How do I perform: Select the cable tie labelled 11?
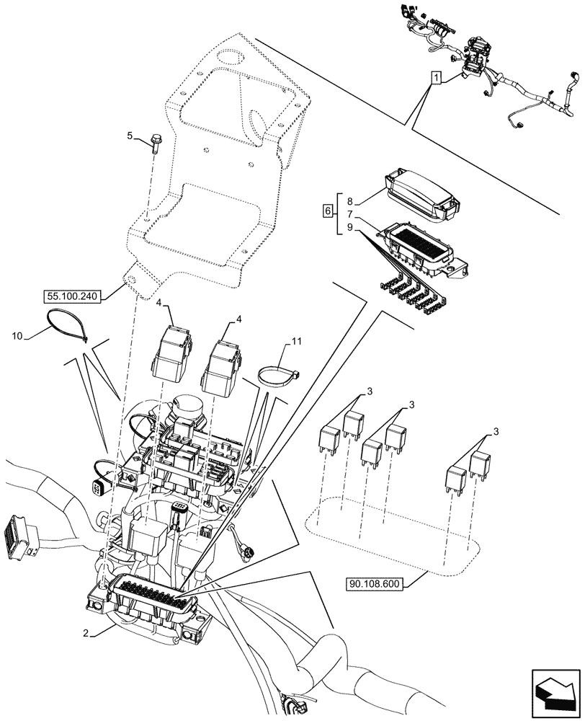pyautogui.click(x=279, y=376)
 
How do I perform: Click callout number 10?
pyautogui.click(x=17, y=336)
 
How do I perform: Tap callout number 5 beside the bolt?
pyautogui.click(x=130, y=135)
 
